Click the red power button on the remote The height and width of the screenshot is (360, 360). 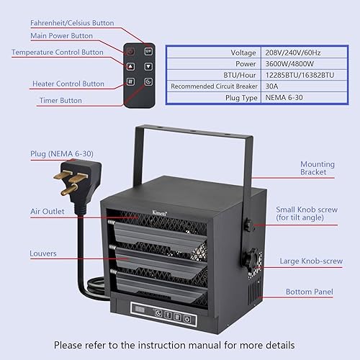[x=130, y=52]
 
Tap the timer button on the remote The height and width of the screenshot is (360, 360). [x=147, y=82]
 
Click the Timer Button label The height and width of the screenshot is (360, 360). [x=60, y=101]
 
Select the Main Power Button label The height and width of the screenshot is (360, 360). [x=62, y=36]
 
